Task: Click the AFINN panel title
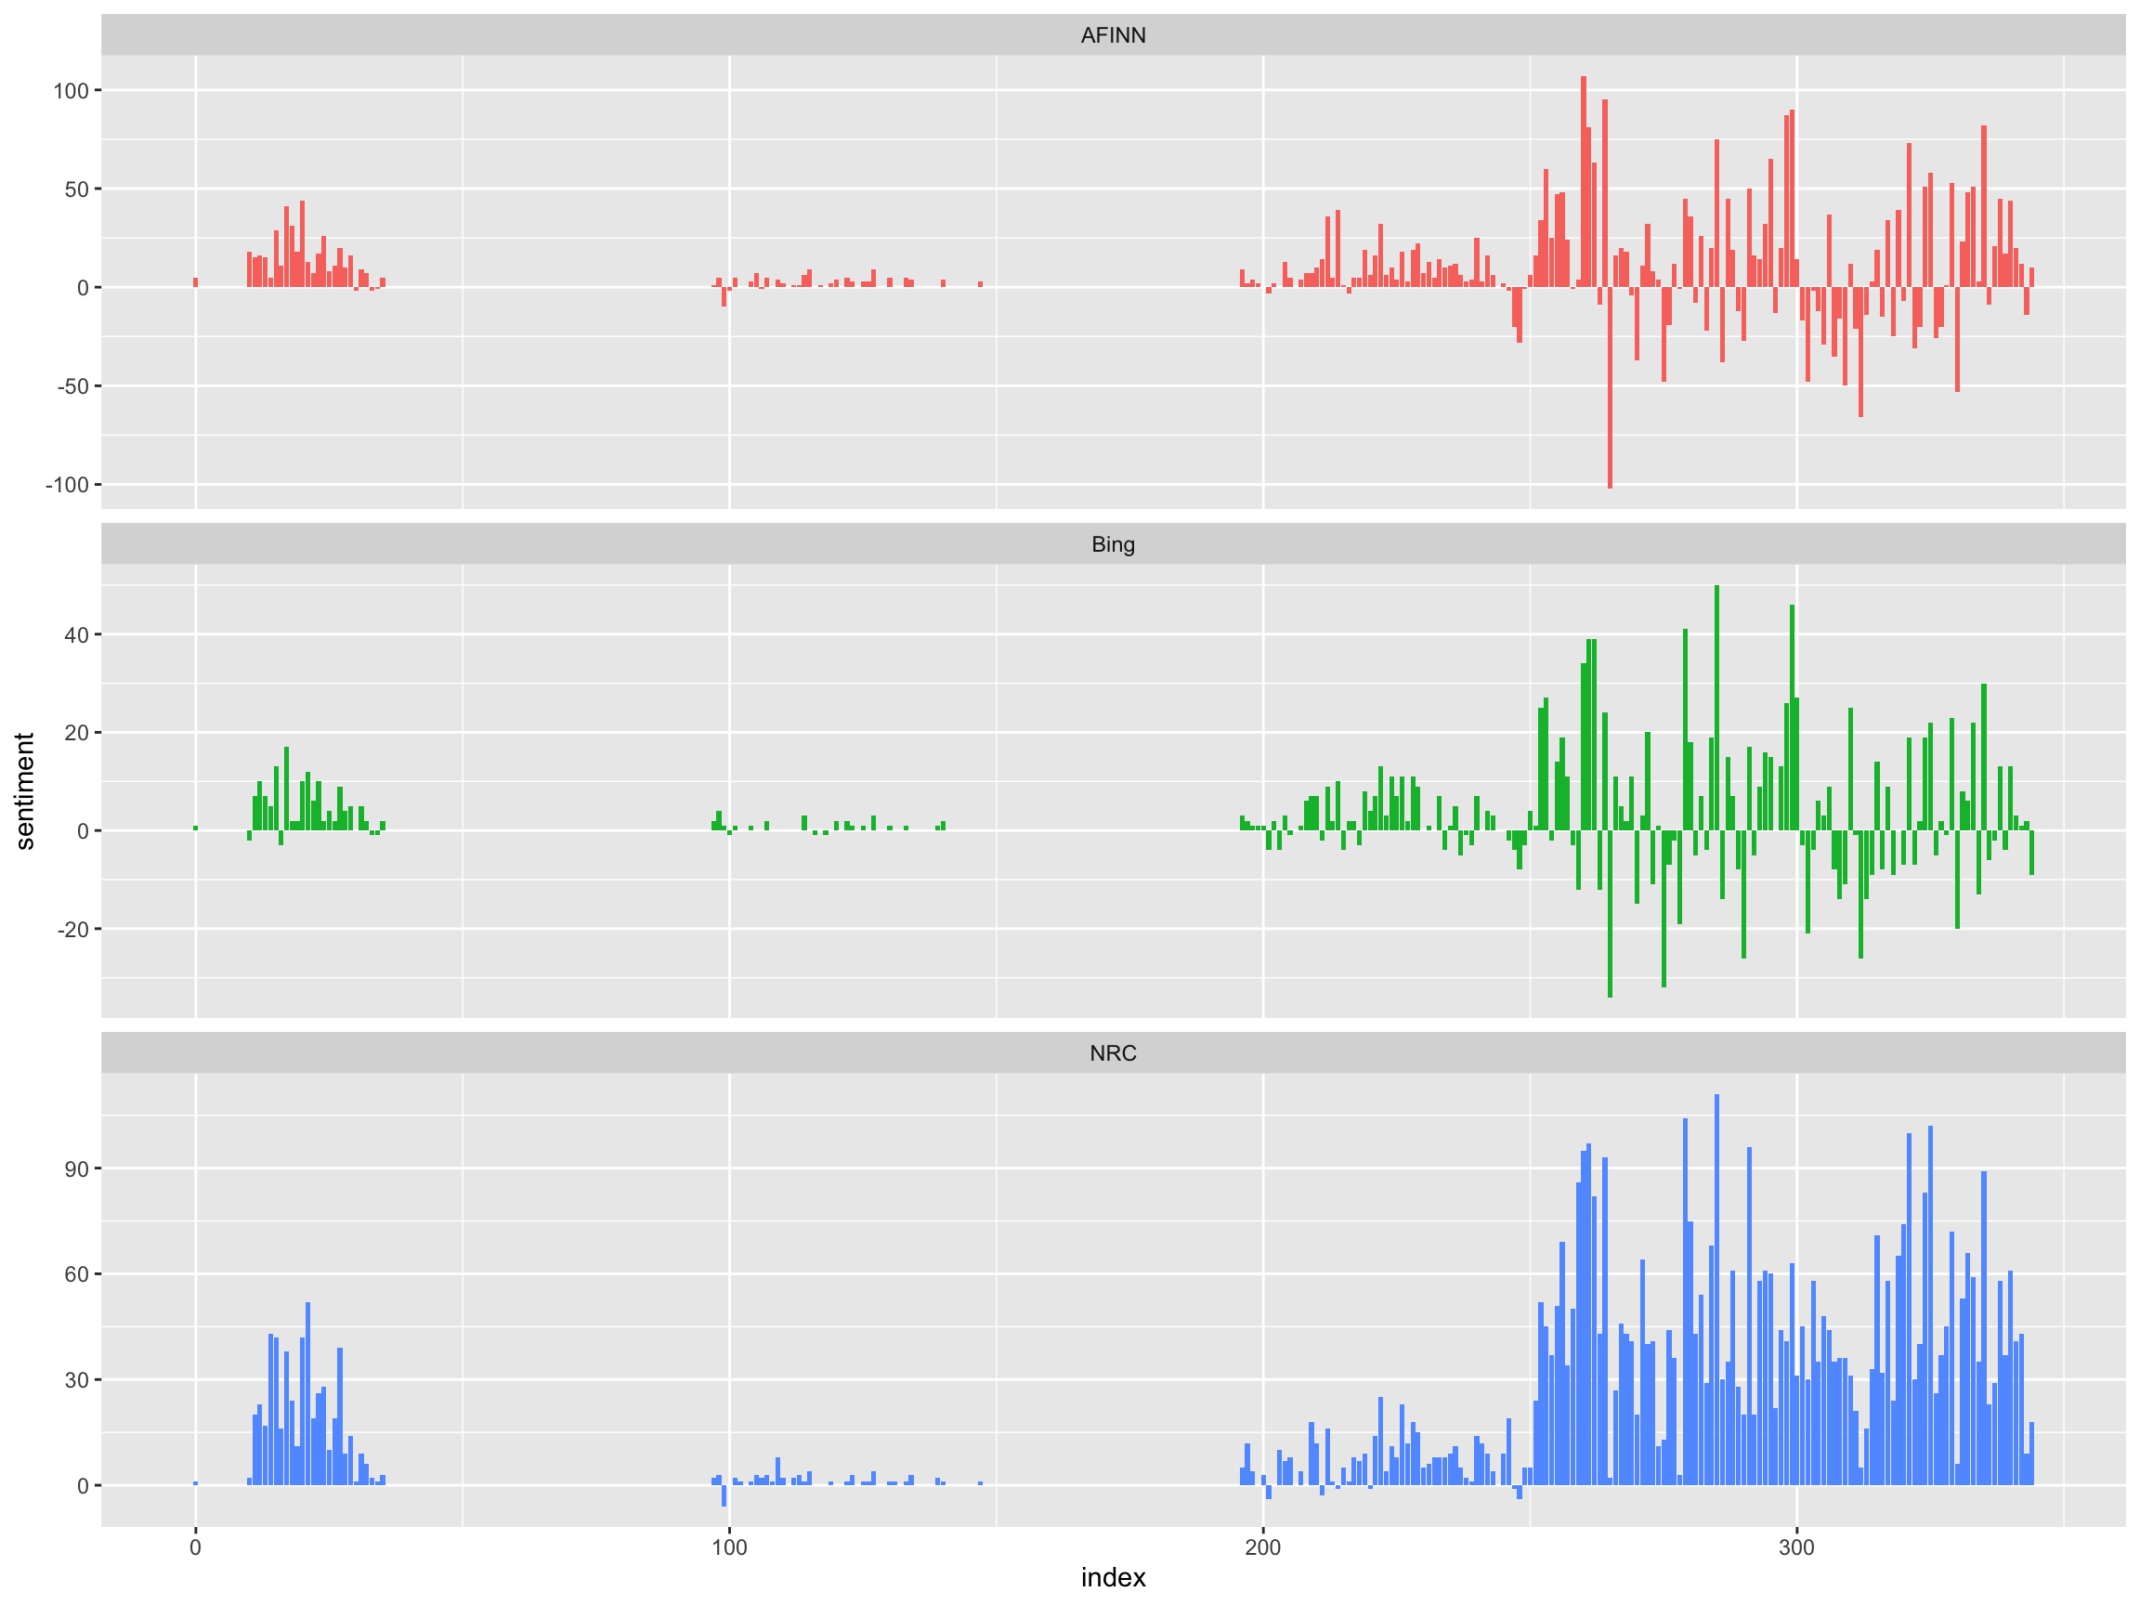[x=1113, y=34]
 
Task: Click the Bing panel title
[x=1113, y=543]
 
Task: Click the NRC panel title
[x=1113, y=1052]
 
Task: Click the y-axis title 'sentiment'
[x=25, y=790]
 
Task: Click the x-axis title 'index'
[x=1113, y=1577]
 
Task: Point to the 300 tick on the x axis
[x=1795, y=1547]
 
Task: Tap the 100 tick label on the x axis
[x=728, y=1547]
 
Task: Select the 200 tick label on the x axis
[x=1261, y=1547]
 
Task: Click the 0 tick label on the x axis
[x=195, y=1547]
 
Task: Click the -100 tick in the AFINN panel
[x=67, y=485]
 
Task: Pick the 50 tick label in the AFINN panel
[x=76, y=189]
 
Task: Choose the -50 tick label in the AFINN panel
[x=72, y=386]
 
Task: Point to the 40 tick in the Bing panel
[x=76, y=634]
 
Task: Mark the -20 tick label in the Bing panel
[x=72, y=929]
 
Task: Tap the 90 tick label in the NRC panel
[x=76, y=1168]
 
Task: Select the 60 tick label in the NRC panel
[x=76, y=1274]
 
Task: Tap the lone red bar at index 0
[x=195, y=282]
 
